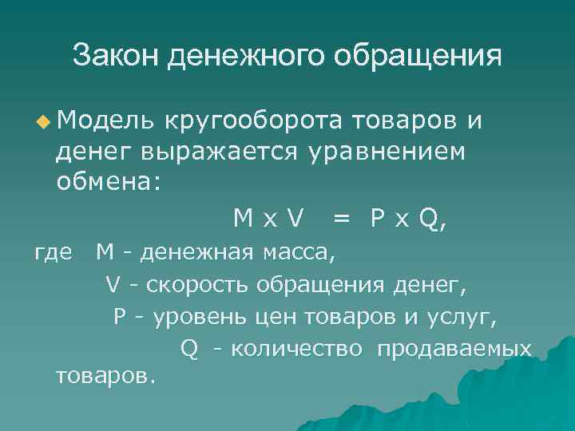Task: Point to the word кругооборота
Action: (254, 121)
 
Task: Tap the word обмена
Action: (106, 181)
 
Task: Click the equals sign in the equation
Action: (341, 218)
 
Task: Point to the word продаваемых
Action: (454, 350)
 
